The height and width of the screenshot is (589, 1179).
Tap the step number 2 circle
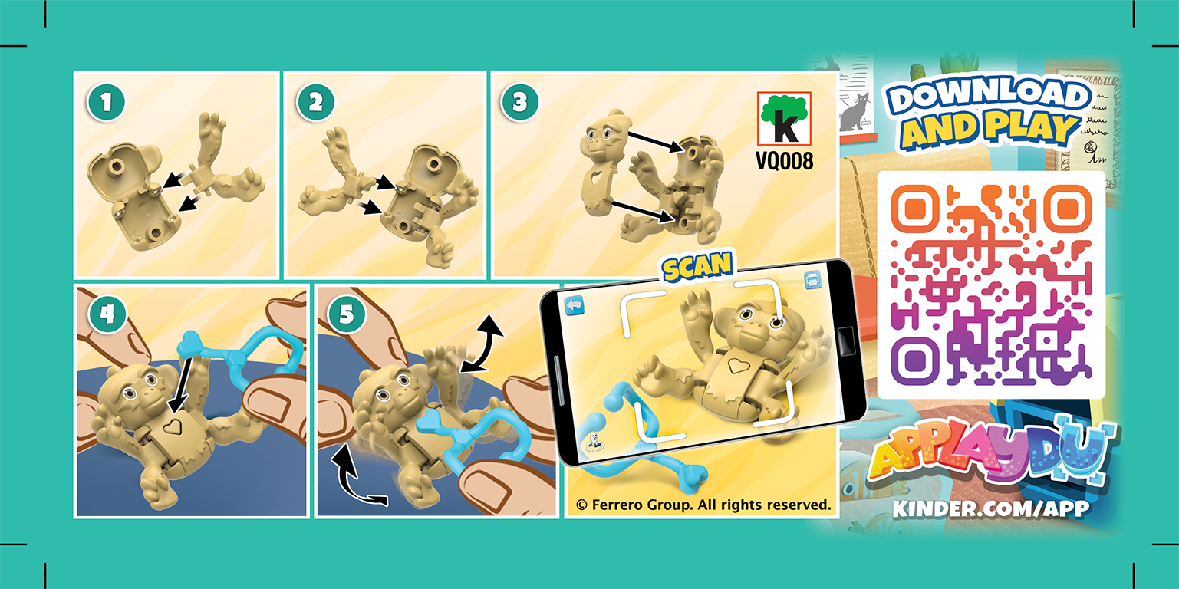click(315, 104)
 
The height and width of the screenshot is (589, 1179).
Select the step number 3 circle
click(519, 104)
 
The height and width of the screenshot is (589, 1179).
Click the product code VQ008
click(785, 163)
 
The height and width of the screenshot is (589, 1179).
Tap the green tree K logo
click(784, 119)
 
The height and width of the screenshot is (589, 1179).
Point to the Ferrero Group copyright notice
click(703, 505)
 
